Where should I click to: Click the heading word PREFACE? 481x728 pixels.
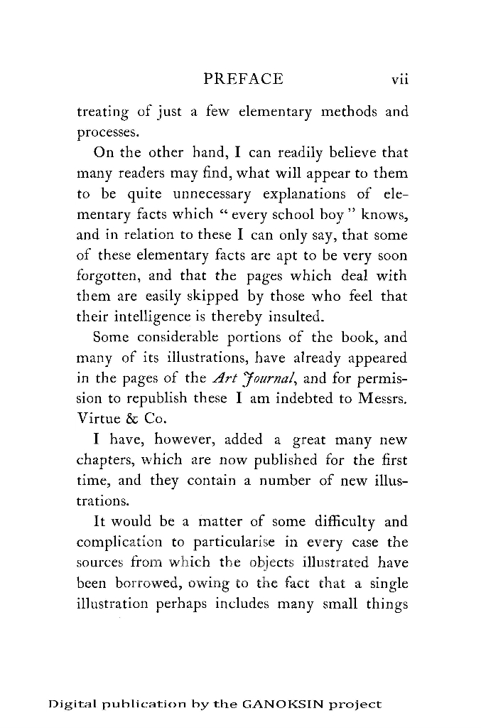coord(243,79)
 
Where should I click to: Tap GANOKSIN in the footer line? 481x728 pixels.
coord(281,705)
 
